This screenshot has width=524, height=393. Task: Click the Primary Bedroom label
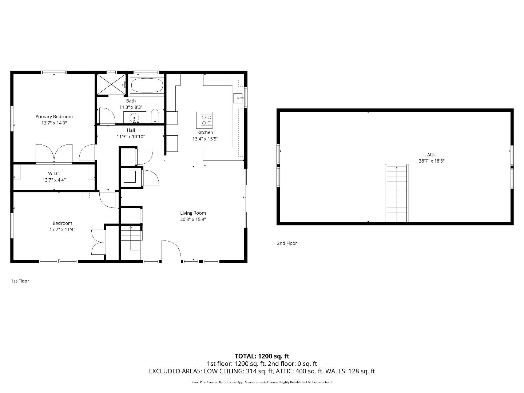pos(54,116)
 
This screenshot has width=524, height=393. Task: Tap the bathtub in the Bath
pos(147,86)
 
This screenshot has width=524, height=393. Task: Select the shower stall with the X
pos(112,84)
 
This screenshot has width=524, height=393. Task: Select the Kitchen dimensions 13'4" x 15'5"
pos(205,139)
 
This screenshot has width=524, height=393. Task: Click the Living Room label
pos(193,213)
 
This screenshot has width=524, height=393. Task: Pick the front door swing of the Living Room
pos(171,250)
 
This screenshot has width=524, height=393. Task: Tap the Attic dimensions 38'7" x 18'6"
pos(432,161)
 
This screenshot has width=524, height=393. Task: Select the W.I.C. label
pos(54,174)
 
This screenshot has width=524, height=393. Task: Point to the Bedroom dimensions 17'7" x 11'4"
pos(62,229)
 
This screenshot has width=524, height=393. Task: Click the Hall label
pos(131,130)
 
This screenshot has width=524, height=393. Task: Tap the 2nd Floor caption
pos(287,243)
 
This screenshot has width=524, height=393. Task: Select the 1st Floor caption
pos(20,281)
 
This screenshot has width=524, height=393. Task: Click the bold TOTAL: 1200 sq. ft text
pos(262,356)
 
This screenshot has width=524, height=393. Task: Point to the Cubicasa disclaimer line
pos(262,382)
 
